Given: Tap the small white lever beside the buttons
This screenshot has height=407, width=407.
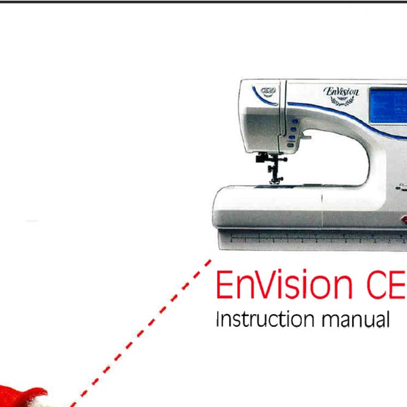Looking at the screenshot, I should click(x=306, y=138).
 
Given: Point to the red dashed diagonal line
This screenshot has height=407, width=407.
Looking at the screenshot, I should click(x=136, y=332).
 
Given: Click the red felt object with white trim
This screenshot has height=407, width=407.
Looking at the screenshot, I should click(x=24, y=397).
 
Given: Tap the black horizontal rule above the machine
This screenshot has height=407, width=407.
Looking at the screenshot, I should click(x=203, y=1).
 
